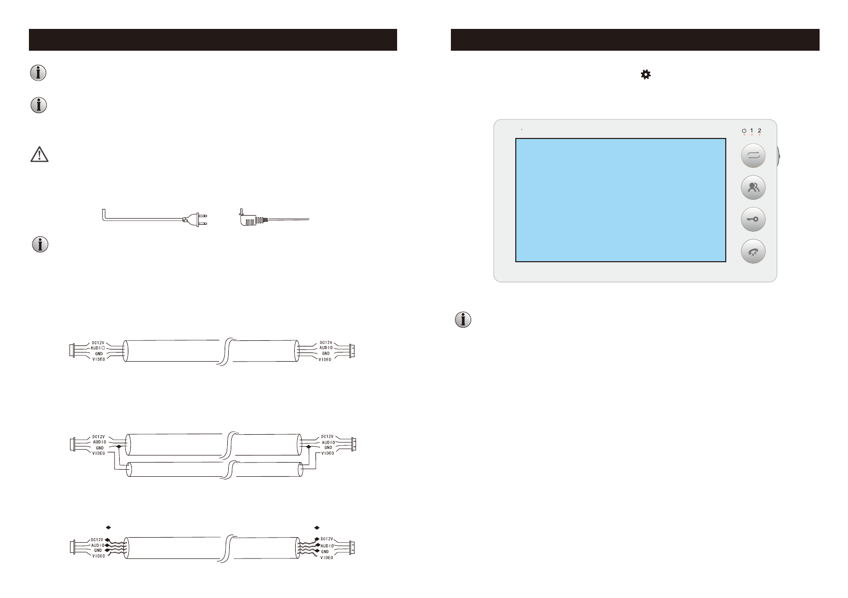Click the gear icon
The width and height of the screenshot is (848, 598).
pyautogui.click(x=646, y=75)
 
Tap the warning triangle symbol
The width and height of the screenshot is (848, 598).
pyautogui.click(x=40, y=154)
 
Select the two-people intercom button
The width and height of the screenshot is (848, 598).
pyautogui.click(x=753, y=187)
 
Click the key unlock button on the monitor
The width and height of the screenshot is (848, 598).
pyautogui.click(x=753, y=219)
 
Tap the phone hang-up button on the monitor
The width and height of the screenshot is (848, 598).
pyautogui.click(x=753, y=251)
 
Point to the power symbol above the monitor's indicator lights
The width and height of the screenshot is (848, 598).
pyautogui.click(x=744, y=130)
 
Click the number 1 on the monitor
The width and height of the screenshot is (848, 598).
pyautogui.click(x=752, y=130)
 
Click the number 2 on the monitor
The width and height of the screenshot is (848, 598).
pyautogui.click(x=759, y=130)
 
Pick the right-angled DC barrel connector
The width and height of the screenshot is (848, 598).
pyautogui.click(x=253, y=218)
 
